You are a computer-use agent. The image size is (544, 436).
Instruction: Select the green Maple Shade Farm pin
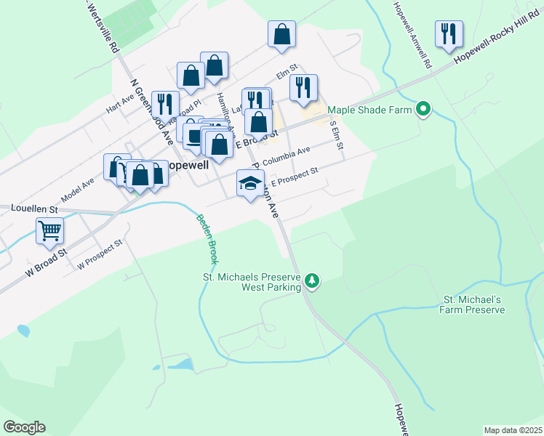pyautogui.click(x=423, y=110)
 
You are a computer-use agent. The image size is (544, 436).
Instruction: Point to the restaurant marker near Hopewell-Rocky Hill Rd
pyautogui.click(x=449, y=33)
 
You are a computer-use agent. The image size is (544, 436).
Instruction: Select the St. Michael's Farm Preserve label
pyautogui.click(x=473, y=305)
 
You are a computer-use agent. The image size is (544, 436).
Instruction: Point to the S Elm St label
pyautogui.click(x=337, y=134)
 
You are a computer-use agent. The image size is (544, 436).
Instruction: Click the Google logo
pyautogui.click(x=24, y=427)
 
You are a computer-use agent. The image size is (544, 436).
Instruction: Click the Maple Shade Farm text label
pyautogui.click(x=370, y=110)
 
